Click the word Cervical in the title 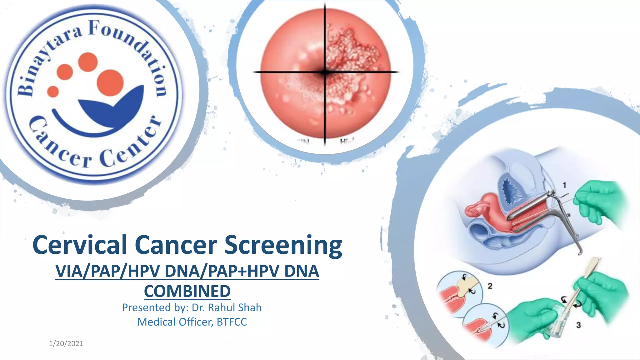click(79, 245)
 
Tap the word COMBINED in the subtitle click(187, 291)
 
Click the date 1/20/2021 click(66, 344)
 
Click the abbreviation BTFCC click(232, 322)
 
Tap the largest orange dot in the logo click(110, 82)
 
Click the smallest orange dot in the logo click(53, 92)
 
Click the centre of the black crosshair click(325, 72)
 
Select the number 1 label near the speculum click(564, 186)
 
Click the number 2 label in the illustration click(490, 286)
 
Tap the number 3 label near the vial click(578, 325)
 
